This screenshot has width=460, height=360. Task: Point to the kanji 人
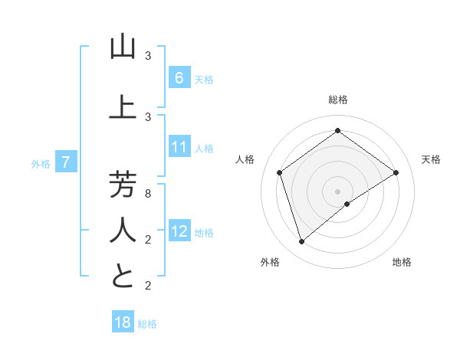pyautogui.click(x=123, y=230)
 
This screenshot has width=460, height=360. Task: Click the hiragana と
pyautogui.click(x=123, y=276)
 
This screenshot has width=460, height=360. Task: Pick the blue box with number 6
pyautogui.click(x=179, y=77)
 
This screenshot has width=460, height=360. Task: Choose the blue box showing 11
pyautogui.click(x=179, y=147)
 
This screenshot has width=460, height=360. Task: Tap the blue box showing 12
pyautogui.click(x=179, y=231)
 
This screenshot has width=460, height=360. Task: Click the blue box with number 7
pyautogui.click(x=67, y=162)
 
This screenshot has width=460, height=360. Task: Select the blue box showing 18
pyautogui.click(x=123, y=322)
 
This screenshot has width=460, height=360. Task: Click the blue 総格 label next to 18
pyautogui.click(x=147, y=324)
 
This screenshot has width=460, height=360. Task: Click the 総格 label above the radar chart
pyautogui.click(x=337, y=100)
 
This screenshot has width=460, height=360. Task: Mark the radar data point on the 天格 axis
pyautogui.click(x=396, y=172)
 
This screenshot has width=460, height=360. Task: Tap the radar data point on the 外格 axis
pyautogui.click(x=302, y=242)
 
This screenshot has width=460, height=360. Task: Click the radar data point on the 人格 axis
pyautogui.click(x=280, y=172)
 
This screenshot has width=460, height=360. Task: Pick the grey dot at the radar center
pyautogui.click(x=337, y=191)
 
